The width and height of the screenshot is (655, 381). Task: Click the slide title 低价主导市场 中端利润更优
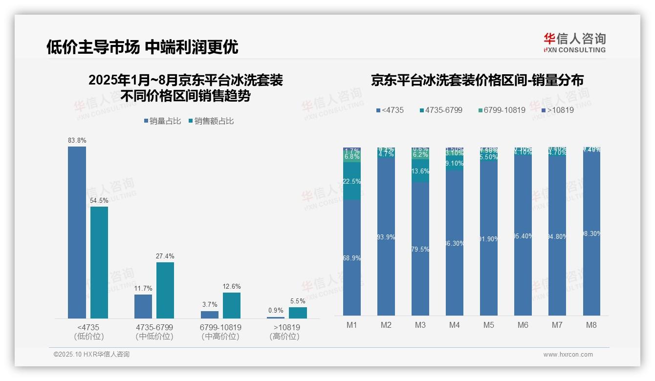pyautogui.click(x=142, y=47)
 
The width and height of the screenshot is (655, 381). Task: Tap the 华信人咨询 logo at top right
pyautogui.click(x=574, y=42)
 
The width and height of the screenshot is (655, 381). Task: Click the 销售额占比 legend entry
pyautogui.click(x=211, y=121)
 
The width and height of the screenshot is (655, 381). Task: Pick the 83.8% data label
pyautogui.click(x=77, y=141)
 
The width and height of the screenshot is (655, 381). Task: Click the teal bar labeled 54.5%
pyautogui.click(x=99, y=262)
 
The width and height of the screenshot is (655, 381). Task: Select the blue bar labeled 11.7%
pyautogui.click(x=143, y=306)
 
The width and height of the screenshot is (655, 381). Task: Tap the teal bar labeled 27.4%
pyautogui.click(x=165, y=290)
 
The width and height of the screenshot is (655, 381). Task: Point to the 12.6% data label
pyautogui.click(x=232, y=287)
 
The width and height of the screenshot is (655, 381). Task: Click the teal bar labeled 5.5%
pyautogui.click(x=298, y=313)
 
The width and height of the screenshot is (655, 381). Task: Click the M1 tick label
pyautogui.click(x=352, y=325)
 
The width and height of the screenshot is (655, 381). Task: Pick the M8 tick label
pyautogui.click(x=591, y=325)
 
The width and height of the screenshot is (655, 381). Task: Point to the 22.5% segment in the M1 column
pyautogui.click(x=352, y=181)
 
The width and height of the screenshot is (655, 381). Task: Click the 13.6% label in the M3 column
pyautogui.click(x=420, y=171)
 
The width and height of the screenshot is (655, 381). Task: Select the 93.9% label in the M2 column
pyautogui.click(x=386, y=237)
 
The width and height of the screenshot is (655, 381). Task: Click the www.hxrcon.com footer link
pyautogui.click(x=568, y=355)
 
